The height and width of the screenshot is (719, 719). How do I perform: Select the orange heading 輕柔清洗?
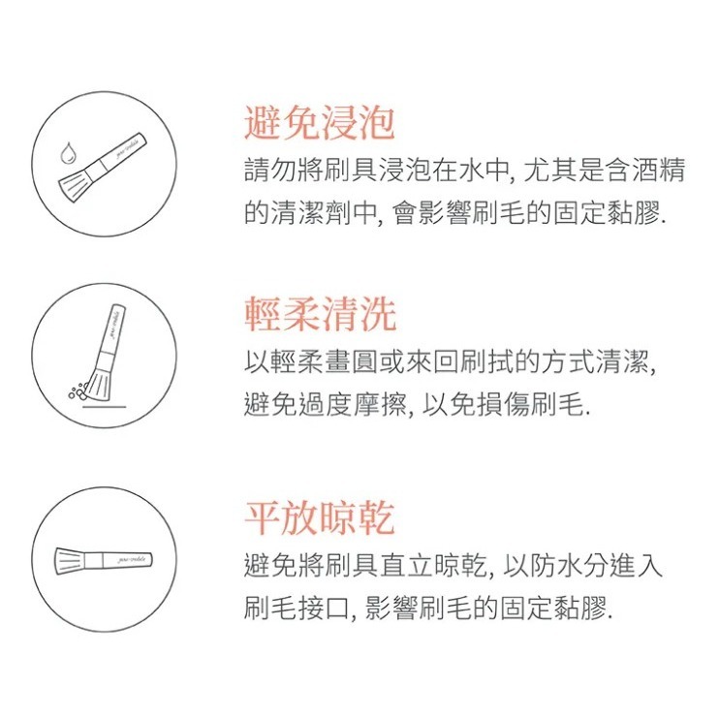pos(319,316)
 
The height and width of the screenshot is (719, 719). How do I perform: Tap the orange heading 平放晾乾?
pos(319,518)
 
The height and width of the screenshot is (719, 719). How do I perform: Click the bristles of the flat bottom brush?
pos(69,559)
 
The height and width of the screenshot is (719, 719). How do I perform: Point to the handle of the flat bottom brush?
pos(126,560)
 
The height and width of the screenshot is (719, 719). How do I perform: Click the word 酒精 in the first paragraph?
pos(666,173)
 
